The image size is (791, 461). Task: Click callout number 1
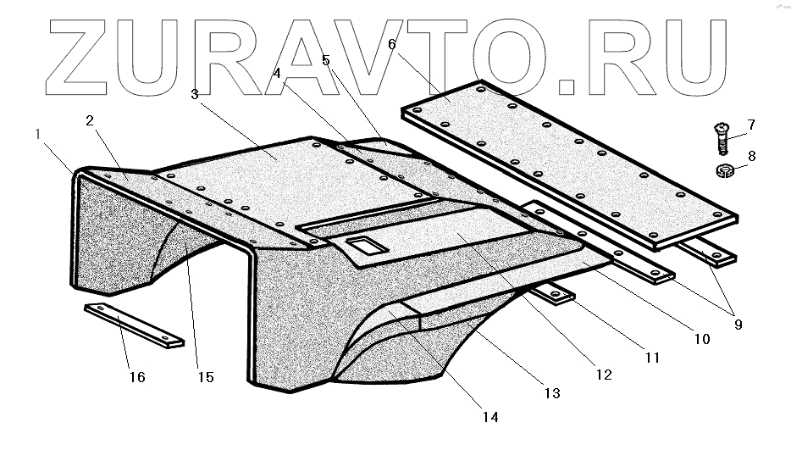(37, 134)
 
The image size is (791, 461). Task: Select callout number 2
(89, 120)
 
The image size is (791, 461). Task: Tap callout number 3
(195, 95)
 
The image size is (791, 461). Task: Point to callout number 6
(392, 43)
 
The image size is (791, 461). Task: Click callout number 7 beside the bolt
(750, 125)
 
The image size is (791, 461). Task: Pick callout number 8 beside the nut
(751, 155)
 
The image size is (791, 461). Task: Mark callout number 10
(701, 339)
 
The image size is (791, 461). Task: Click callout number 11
(651, 358)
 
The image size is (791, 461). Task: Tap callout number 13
(551, 392)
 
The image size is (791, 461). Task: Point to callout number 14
(489, 416)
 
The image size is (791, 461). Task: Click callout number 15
(205, 377)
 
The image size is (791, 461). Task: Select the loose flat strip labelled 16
(134, 325)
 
